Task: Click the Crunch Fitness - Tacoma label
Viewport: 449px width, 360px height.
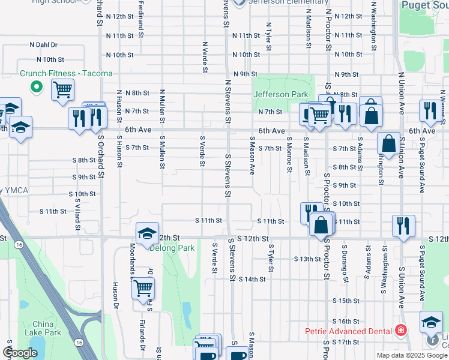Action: (x=65, y=74)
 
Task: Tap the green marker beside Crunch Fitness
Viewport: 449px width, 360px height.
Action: (x=36, y=87)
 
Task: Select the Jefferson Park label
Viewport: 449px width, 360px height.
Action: (x=280, y=94)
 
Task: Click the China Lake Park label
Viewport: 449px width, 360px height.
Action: (x=43, y=328)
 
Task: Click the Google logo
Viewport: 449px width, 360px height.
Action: (x=20, y=353)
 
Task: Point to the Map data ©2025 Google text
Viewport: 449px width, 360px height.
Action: (x=412, y=355)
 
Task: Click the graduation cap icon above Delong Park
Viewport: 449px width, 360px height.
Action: (x=146, y=234)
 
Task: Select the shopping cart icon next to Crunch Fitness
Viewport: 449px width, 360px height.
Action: (x=62, y=91)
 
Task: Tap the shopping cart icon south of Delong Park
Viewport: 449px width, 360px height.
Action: (x=143, y=289)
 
